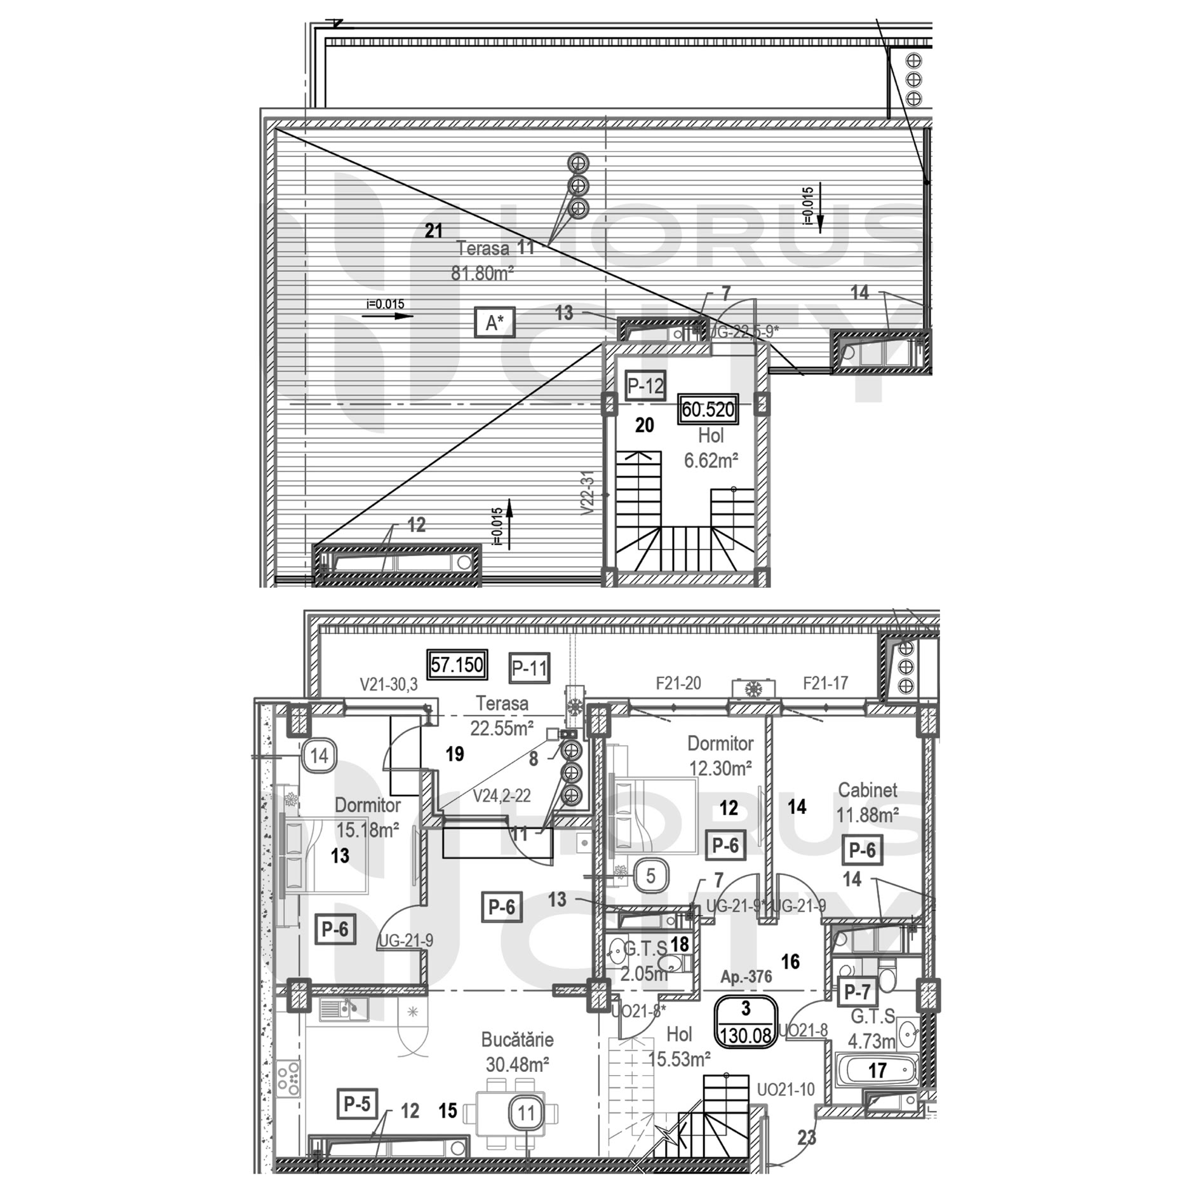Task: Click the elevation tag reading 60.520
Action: click(x=708, y=409)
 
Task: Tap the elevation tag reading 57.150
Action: click(x=457, y=665)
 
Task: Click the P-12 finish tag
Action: click(x=645, y=385)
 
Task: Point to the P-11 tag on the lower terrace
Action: click(x=530, y=668)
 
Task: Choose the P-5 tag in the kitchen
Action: click(x=356, y=1104)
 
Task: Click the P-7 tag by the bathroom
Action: click(x=857, y=991)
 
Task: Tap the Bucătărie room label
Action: click(x=517, y=1040)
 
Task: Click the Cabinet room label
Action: click(x=867, y=790)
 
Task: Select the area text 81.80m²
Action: click(x=482, y=273)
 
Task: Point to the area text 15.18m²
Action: click(x=367, y=830)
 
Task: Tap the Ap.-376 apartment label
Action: click(x=746, y=977)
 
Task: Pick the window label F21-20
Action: click(x=678, y=683)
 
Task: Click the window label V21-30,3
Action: click(x=388, y=684)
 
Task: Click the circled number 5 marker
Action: click(x=650, y=876)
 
